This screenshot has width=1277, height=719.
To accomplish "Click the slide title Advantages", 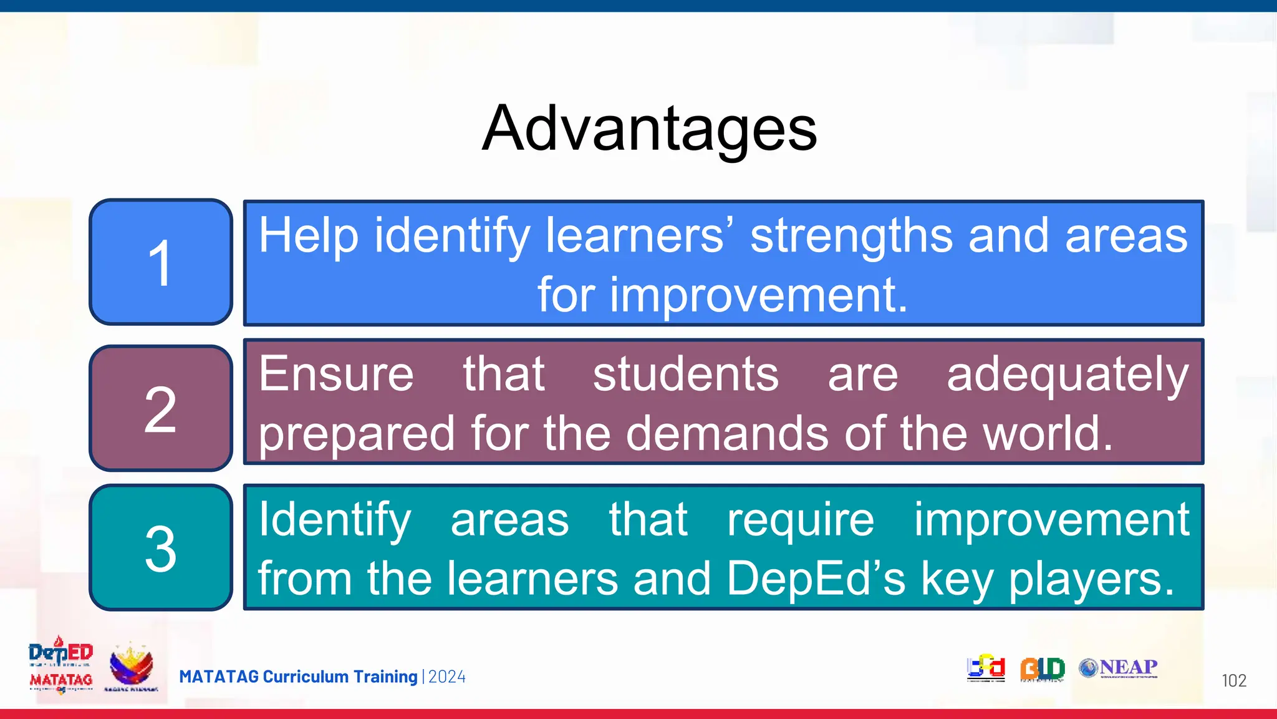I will click(x=649, y=129).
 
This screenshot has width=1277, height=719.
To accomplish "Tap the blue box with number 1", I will click(x=161, y=262).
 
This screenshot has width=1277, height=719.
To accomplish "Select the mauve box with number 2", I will click(x=161, y=408).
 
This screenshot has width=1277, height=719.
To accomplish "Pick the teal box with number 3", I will click(x=161, y=547).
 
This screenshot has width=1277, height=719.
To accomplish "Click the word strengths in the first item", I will click(x=851, y=236).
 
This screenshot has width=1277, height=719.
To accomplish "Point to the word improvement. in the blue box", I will click(x=758, y=295).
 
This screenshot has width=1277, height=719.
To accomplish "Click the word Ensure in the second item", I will click(x=336, y=374).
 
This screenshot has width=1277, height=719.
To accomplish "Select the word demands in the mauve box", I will click(x=727, y=433).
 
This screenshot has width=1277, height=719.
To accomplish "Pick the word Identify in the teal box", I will click(x=335, y=519).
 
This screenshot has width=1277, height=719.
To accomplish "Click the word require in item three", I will click(x=801, y=519).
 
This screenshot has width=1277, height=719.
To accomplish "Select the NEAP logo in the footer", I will click(x=1119, y=668).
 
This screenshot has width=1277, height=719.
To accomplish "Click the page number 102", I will click(x=1233, y=680).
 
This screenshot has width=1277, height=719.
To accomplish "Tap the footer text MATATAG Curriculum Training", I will click(x=298, y=677).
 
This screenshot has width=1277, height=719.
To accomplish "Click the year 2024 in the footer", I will click(x=447, y=677).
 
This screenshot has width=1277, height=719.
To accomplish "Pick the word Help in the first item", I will click(x=308, y=236).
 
